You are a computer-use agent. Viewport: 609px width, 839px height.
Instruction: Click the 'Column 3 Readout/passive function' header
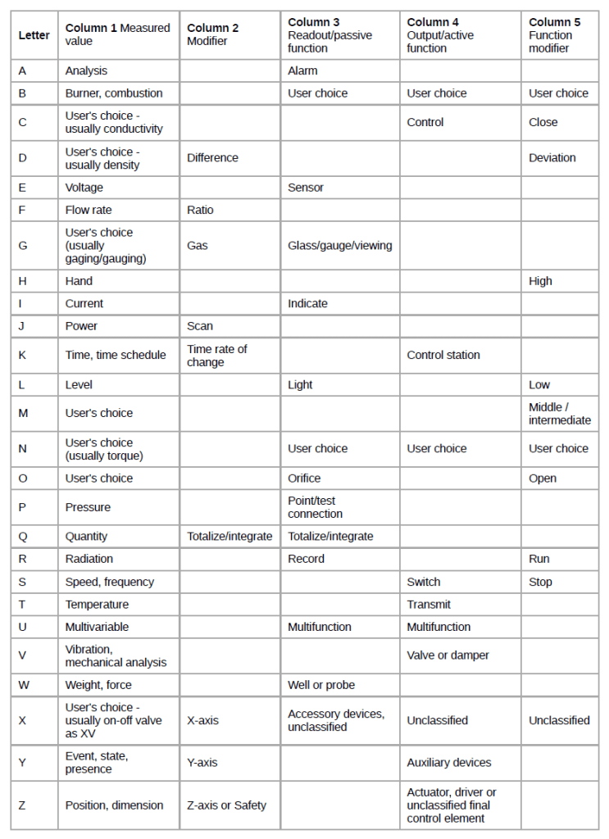click(329, 35)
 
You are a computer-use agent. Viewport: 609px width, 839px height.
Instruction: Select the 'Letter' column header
click(34, 35)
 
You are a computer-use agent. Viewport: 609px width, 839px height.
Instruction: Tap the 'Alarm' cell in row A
click(302, 71)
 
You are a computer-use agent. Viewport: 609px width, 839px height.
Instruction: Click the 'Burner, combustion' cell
click(114, 93)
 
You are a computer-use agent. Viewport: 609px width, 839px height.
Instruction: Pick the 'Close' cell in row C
click(543, 122)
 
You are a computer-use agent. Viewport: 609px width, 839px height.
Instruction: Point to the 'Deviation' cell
click(552, 158)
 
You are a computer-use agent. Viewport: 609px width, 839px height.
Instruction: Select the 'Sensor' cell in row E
click(306, 188)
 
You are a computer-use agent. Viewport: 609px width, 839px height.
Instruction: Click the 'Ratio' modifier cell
click(200, 211)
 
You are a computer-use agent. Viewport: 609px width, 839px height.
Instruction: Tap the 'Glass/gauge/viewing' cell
click(339, 246)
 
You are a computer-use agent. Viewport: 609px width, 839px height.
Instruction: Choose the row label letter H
click(23, 281)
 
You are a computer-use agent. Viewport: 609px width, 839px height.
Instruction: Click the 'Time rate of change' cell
click(217, 356)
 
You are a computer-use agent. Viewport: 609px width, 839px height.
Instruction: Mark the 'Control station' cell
click(443, 356)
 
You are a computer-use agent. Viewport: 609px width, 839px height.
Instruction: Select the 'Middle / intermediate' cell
click(559, 414)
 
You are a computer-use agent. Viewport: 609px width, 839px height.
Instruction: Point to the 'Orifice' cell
click(304, 478)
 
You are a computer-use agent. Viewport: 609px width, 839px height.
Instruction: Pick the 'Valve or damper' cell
click(448, 655)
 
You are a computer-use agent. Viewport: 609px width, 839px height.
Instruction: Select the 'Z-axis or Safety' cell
click(226, 805)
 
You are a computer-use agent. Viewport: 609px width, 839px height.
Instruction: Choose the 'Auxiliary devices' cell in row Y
click(449, 763)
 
